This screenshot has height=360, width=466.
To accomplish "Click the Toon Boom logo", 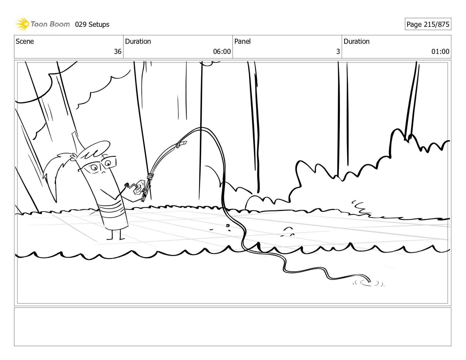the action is click(x=43, y=24).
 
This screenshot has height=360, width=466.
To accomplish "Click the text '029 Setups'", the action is click(x=92, y=25).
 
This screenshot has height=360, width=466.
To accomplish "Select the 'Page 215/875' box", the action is click(x=428, y=24).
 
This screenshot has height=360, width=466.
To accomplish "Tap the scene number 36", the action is click(x=117, y=51).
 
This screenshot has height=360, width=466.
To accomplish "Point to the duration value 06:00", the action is click(x=222, y=51).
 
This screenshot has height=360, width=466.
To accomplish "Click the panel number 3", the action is click(x=338, y=51).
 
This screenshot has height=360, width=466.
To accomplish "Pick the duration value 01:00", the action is click(x=440, y=51).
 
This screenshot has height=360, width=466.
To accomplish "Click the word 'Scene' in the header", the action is click(x=25, y=41).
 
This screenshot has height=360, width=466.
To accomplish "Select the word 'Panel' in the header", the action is click(x=242, y=41).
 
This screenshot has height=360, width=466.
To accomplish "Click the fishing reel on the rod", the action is click(x=139, y=187).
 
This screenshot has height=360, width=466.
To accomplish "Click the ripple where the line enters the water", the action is click(x=369, y=283).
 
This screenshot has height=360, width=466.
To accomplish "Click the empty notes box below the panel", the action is click(x=233, y=327).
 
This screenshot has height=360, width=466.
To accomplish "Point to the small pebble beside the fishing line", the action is click(x=228, y=225).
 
